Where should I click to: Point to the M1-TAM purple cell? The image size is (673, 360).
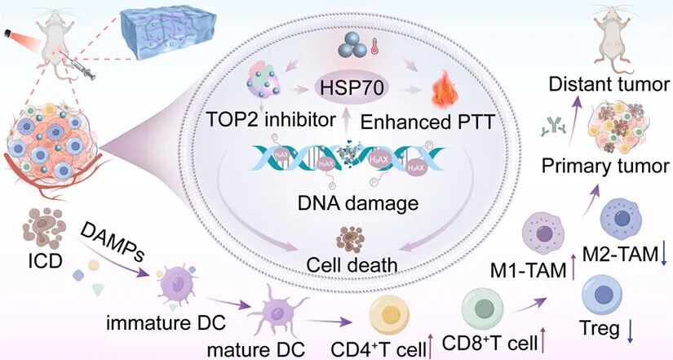coord(542,232)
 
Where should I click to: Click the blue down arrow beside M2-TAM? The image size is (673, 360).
coord(664,256)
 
